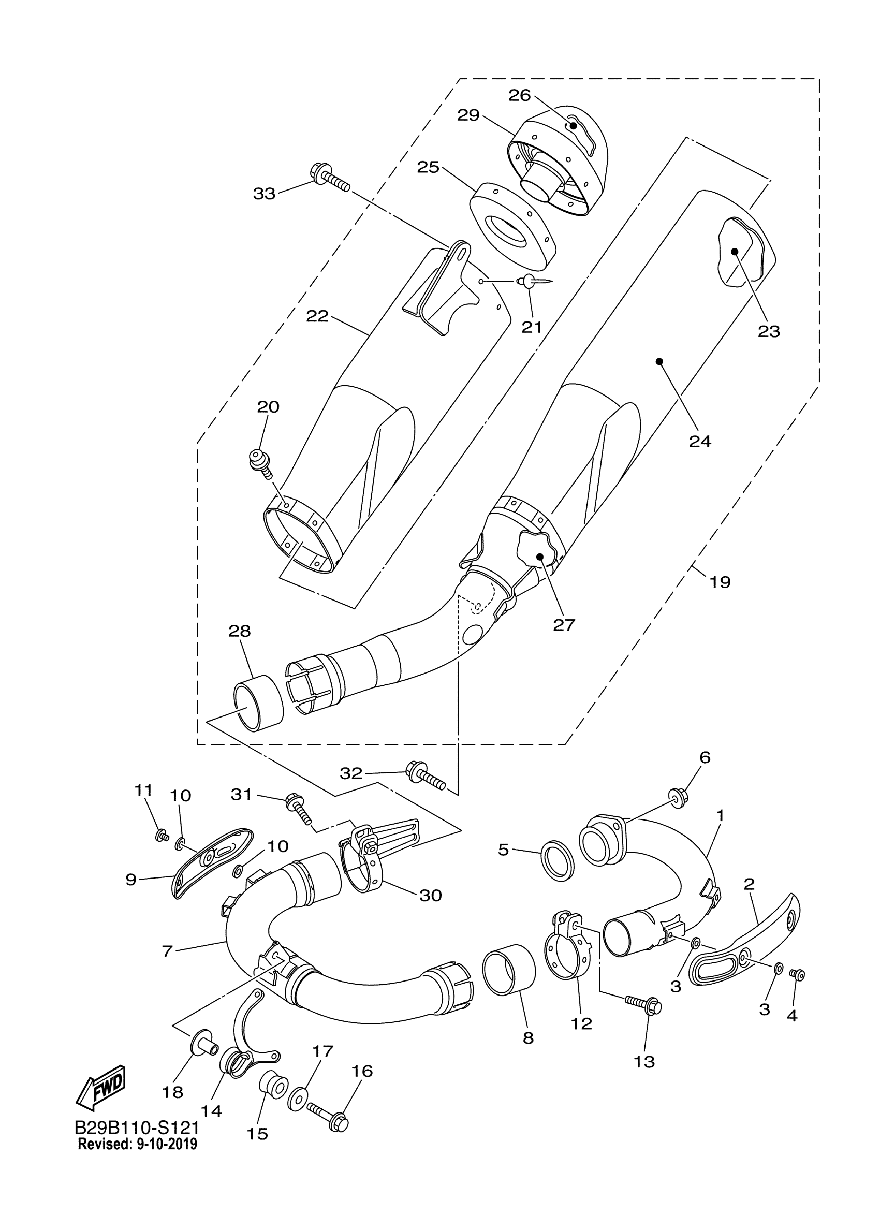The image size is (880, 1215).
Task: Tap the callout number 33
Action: click(x=264, y=194)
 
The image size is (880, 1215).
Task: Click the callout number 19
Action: click(x=721, y=582)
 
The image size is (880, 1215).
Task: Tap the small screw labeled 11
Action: click(x=160, y=835)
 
